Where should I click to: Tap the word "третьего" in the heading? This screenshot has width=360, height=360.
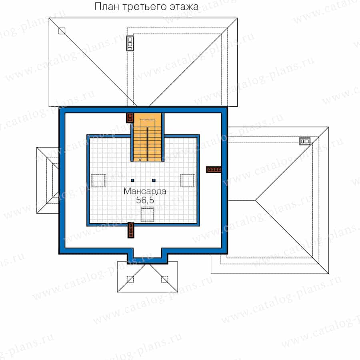pyautogui.click(x=145, y=7)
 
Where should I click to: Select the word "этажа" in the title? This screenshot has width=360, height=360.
pyautogui.click(x=184, y=7)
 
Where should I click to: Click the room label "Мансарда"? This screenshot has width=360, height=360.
pyautogui.click(x=145, y=191)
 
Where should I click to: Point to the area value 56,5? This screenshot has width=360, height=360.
pyautogui.click(x=145, y=200)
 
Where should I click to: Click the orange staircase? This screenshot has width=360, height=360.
pyautogui.click(x=147, y=137)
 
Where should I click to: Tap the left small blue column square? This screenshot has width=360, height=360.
pyautogui.click(x=132, y=180)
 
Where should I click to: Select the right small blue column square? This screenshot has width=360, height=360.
pyautogui.click(x=154, y=180)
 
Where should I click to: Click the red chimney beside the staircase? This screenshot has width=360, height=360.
pyautogui.click(x=130, y=118)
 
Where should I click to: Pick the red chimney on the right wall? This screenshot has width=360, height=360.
pyautogui.click(x=214, y=170)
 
